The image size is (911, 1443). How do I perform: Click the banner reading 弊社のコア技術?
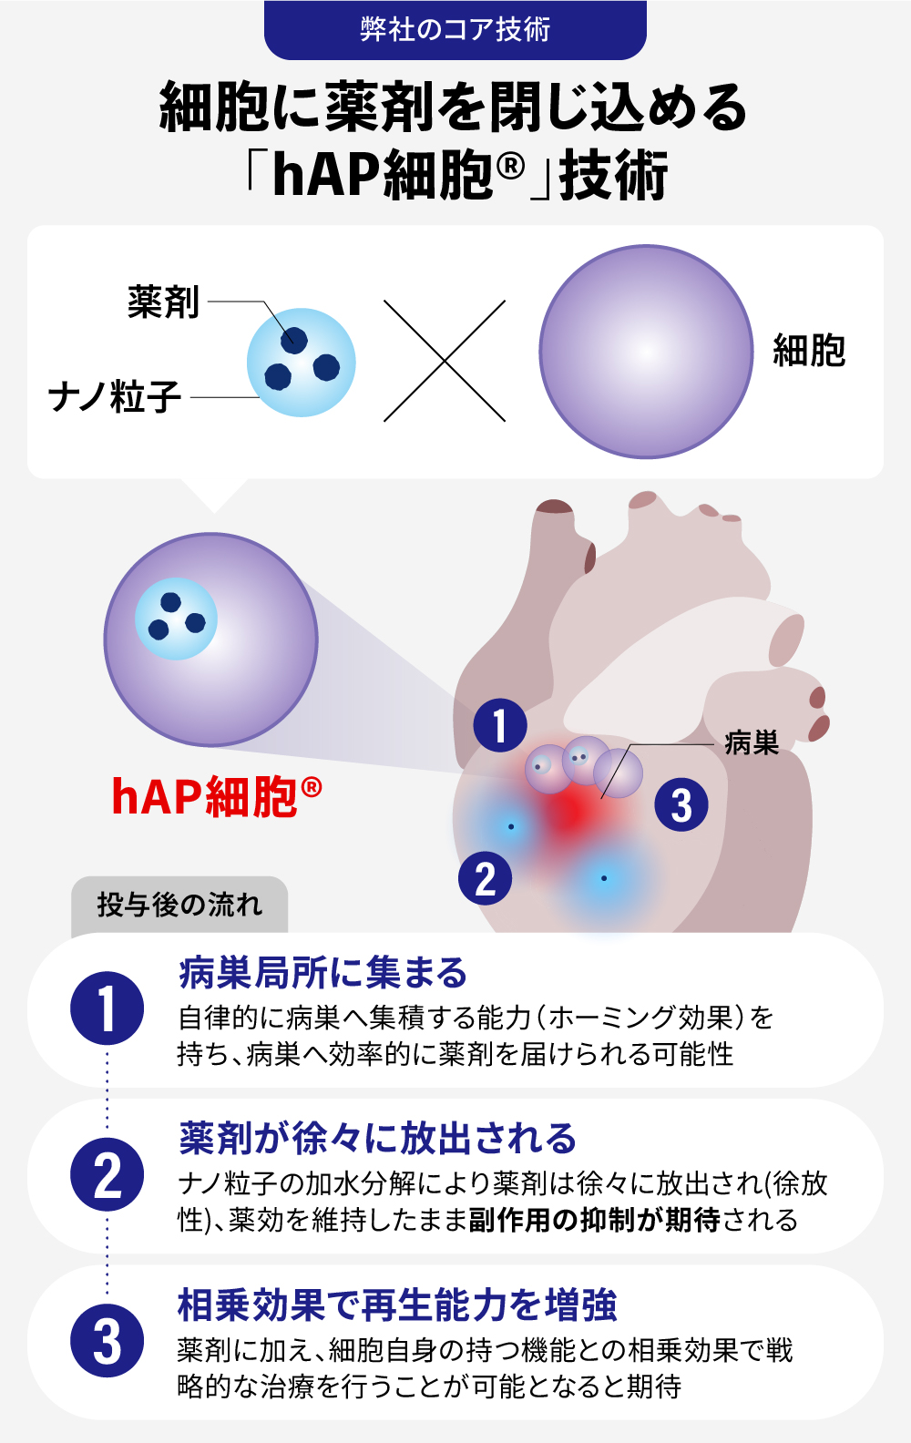click(x=455, y=30)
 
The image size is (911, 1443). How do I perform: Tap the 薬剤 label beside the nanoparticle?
click(x=163, y=302)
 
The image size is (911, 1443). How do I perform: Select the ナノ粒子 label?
click(x=115, y=396)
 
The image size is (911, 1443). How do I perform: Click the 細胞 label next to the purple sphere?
click(x=809, y=351)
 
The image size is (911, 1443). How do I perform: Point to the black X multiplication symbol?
click(x=445, y=361)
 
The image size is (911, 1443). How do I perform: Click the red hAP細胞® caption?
click(x=217, y=797)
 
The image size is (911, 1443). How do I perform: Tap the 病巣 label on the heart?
click(x=752, y=742)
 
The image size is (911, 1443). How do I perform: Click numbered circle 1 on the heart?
click(x=500, y=725)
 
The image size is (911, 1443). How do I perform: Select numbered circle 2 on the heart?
click(x=486, y=878)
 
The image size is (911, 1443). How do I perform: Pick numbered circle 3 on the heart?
click(x=681, y=804)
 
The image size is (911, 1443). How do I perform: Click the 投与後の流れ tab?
click(x=179, y=905)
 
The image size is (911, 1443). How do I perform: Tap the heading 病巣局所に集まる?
click(x=322, y=973)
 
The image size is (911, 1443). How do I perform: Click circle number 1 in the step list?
click(x=107, y=1008)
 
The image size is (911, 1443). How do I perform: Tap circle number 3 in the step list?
click(x=107, y=1341)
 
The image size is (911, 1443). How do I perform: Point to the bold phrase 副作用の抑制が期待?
click(x=594, y=1220)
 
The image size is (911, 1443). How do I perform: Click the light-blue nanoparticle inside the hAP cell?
click(x=176, y=619)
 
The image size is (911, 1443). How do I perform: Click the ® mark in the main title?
click(x=511, y=168)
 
